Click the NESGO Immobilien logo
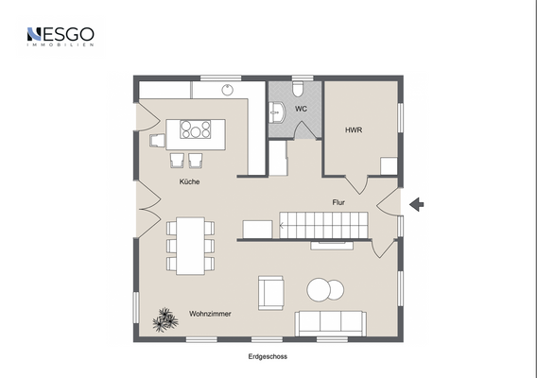pos(60,37)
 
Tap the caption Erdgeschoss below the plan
pos(268,357)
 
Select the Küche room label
pos(190,181)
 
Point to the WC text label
pos(301,110)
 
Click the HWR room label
pos(353,129)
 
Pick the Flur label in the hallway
pos(338,202)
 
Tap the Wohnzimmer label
pos(210,313)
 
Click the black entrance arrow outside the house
pos(417,203)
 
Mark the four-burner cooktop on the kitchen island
pos(197,129)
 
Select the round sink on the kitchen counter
pos(227,91)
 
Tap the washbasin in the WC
pos(277,112)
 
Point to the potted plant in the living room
pos(165,319)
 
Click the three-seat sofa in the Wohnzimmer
pos(331,322)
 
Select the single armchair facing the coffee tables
pos(270,292)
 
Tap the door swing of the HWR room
pos(355,184)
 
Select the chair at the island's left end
pos(158,140)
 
